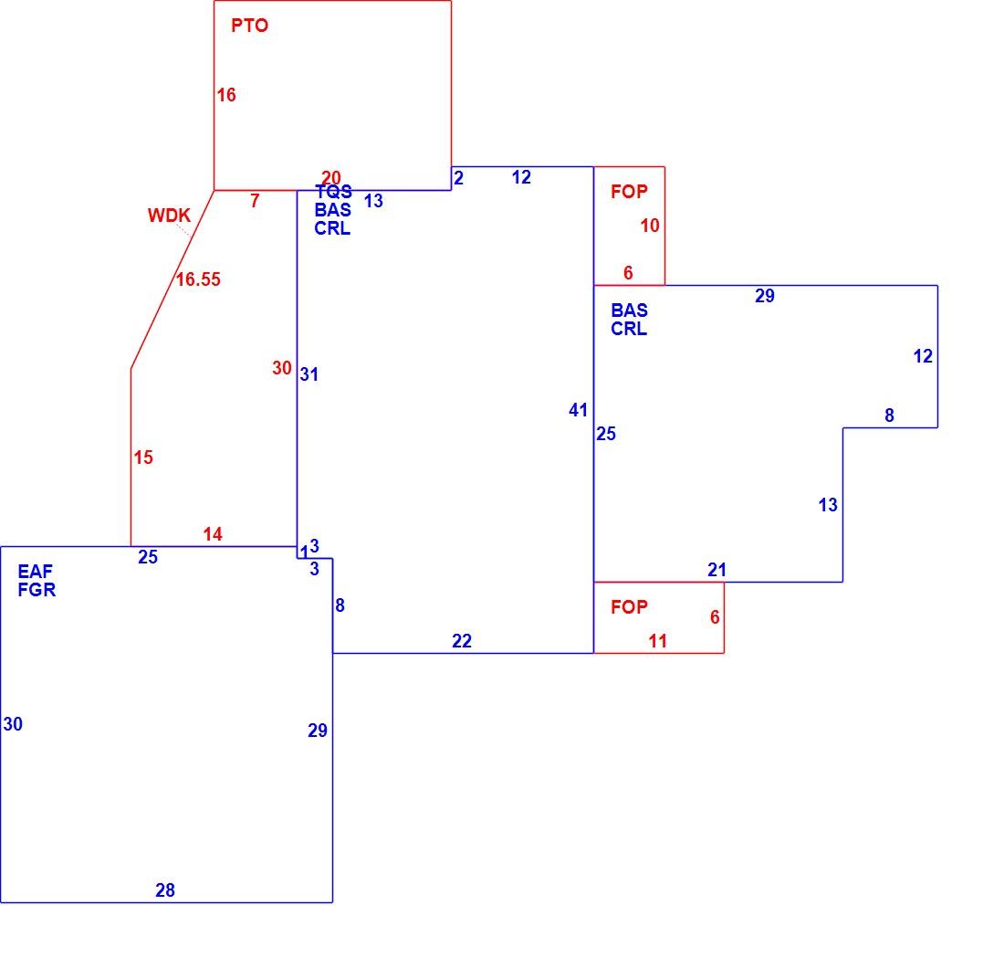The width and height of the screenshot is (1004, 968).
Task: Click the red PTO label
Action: pyautogui.click(x=250, y=26)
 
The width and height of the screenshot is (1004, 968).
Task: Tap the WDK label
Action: pyautogui.click(x=169, y=216)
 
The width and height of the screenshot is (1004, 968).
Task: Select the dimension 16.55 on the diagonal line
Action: pyautogui.click(x=198, y=279)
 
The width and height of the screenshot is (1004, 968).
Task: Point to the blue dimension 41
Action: pyautogui.click(x=578, y=410)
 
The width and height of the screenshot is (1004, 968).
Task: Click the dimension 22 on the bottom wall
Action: pyautogui.click(x=462, y=641)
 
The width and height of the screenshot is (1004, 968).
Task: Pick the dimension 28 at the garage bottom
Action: pyautogui.click(x=165, y=889)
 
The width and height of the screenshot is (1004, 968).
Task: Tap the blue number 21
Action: pyautogui.click(x=716, y=570)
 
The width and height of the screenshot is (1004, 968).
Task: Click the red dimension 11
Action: pyautogui.click(x=657, y=641)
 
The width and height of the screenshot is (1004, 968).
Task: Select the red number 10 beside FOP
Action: pyautogui.click(x=650, y=226)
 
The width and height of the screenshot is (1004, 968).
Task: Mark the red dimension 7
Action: pyautogui.click(x=255, y=201)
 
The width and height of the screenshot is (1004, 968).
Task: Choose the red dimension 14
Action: pyautogui.click(x=213, y=533)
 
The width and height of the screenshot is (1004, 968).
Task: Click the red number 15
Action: pyautogui.click(x=143, y=458)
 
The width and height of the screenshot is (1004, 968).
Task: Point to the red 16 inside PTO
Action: pyautogui.click(x=226, y=95)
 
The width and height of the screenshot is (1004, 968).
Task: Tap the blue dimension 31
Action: pyautogui.click(x=309, y=374)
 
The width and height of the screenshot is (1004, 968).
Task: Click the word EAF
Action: pyautogui.click(x=36, y=571)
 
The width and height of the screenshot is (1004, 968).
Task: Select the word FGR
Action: pyautogui.click(x=37, y=589)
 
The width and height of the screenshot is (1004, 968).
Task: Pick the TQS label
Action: pyautogui.click(x=333, y=192)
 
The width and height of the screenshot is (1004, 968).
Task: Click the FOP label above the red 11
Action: pyautogui.click(x=630, y=606)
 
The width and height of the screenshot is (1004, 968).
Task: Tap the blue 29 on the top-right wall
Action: pyautogui.click(x=765, y=296)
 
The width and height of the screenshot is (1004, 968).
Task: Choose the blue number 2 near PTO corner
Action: pyautogui.click(x=458, y=178)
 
